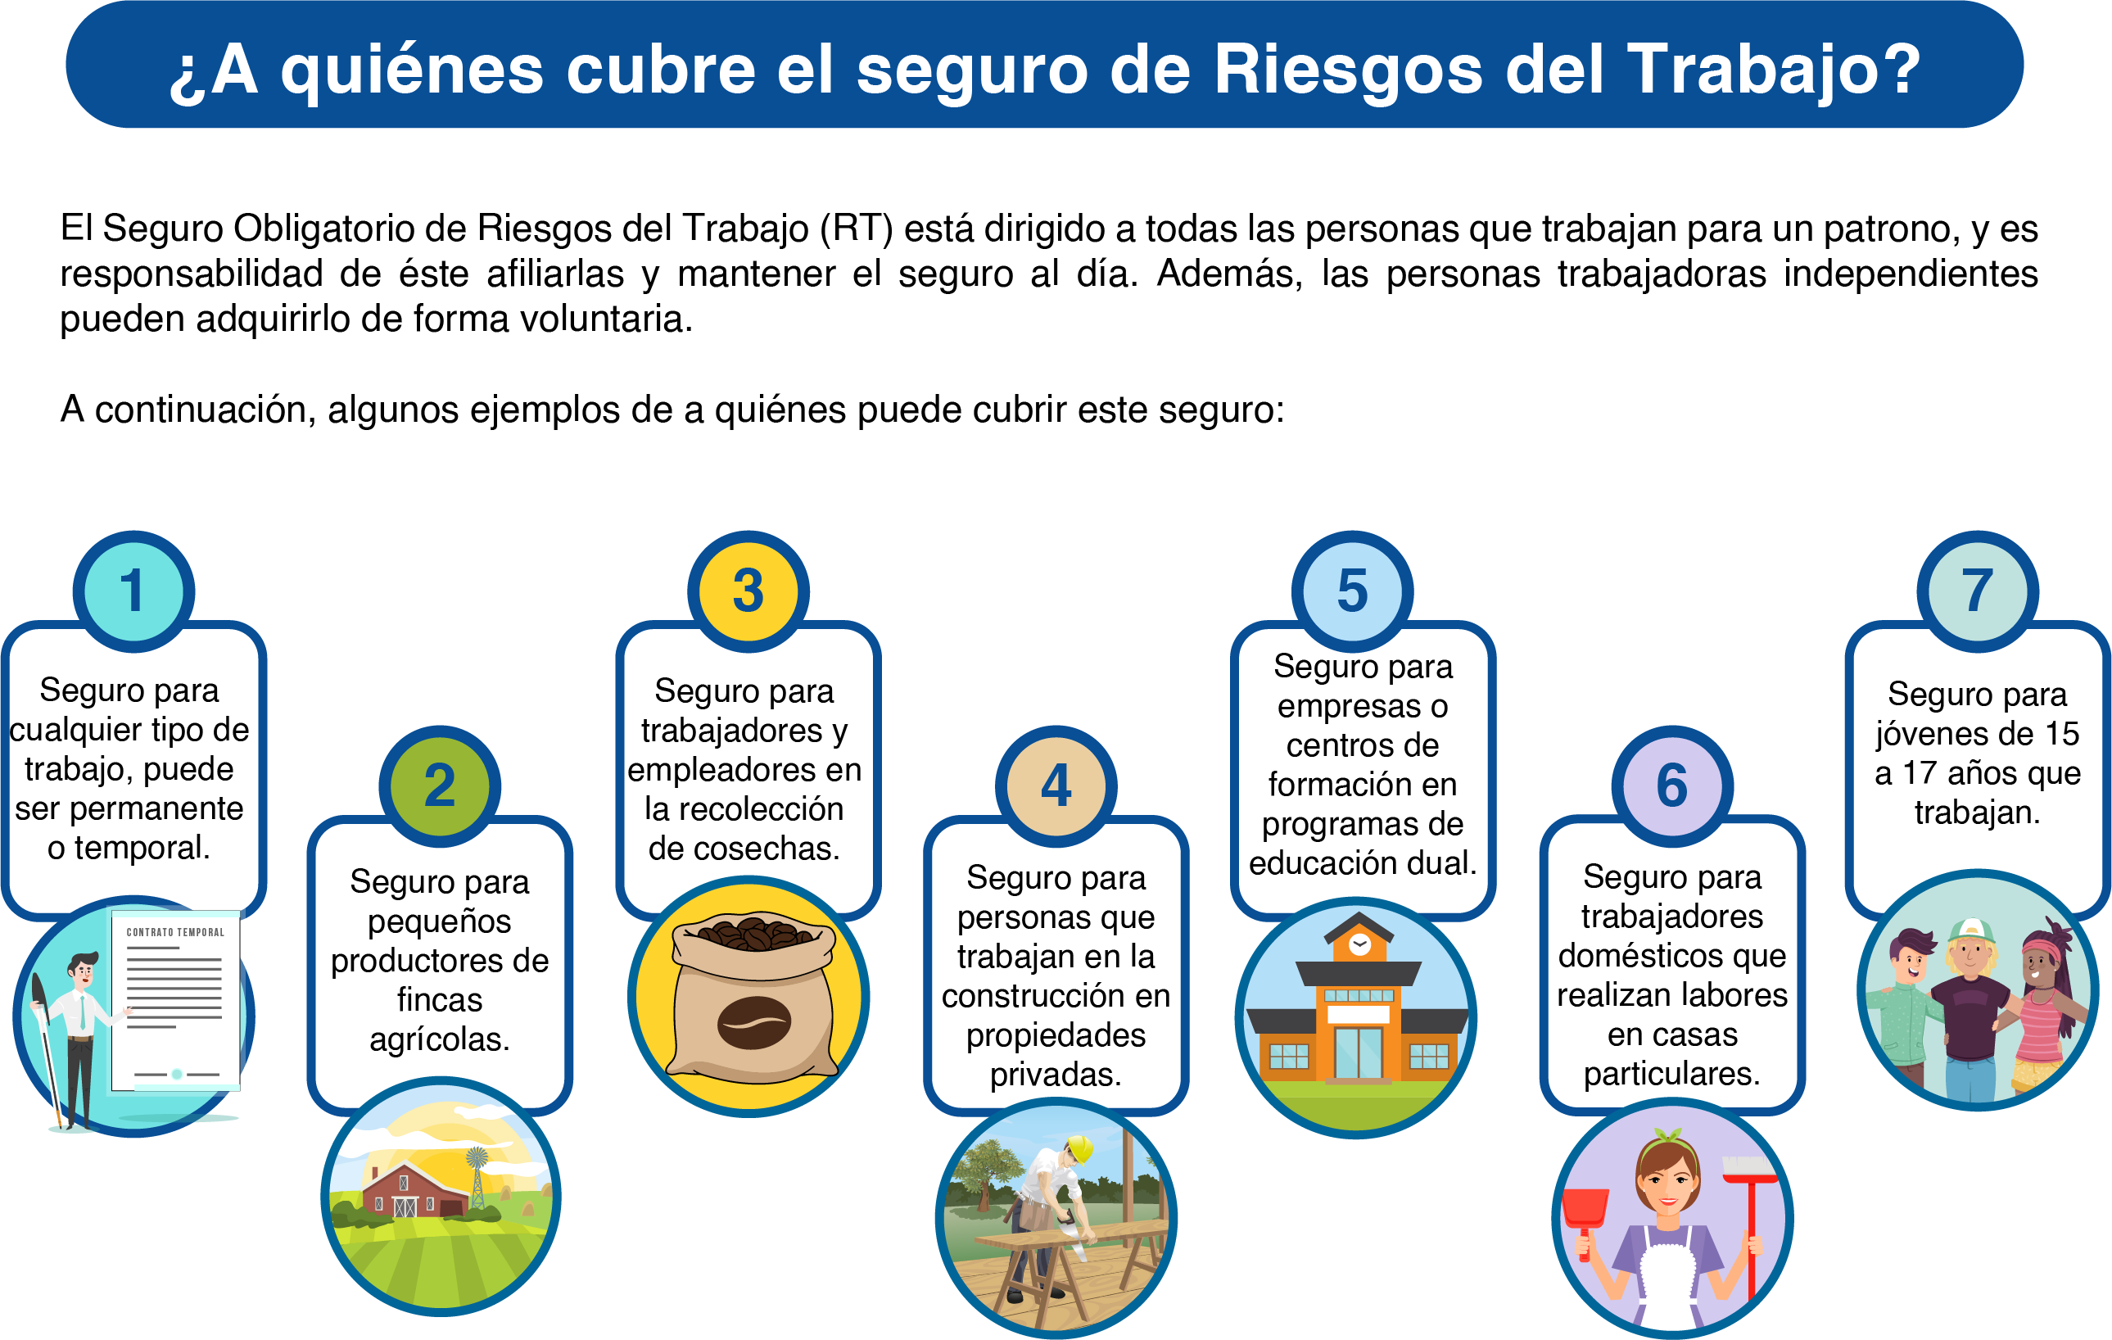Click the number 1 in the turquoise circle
click(133, 591)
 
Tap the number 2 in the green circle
click(440, 785)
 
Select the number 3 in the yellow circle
click(748, 591)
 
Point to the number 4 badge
click(1056, 785)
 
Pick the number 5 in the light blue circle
click(1353, 591)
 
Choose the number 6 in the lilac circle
click(1671, 785)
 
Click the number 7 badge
click(1978, 591)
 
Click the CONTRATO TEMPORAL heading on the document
click(175, 932)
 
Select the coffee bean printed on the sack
click(754, 1022)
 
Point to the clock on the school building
click(1360, 944)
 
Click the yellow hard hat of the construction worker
click(1080, 1149)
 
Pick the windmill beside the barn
click(477, 1176)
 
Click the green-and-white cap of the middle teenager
click(1971, 932)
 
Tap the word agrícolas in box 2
click(440, 1040)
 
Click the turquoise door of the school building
click(1359, 1053)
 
